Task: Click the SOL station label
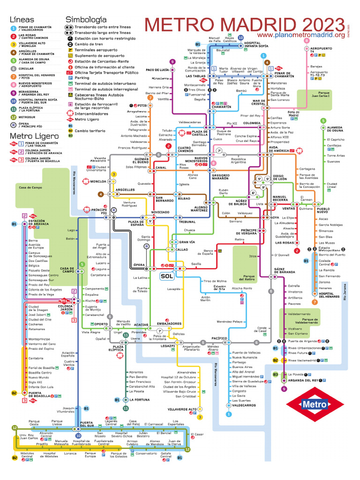(x=167, y=276)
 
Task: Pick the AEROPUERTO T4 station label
(x=321, y=50)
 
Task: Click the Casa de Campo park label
(x=28, y=187)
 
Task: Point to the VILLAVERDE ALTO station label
(x=182, y=409)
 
